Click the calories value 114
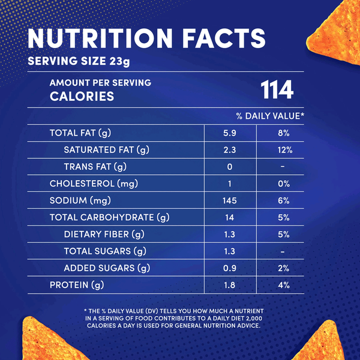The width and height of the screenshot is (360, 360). (277, 90)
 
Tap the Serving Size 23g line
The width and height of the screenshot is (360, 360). (79, 61)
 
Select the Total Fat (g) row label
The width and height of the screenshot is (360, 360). (80, 133)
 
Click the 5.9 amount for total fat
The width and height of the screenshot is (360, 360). (230, 133)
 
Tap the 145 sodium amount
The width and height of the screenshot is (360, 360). (230, 200)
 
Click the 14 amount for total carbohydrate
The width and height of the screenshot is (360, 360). (230, 217)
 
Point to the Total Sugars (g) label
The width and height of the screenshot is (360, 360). (105, 251)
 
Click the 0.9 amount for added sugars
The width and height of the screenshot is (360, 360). (230, 268)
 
